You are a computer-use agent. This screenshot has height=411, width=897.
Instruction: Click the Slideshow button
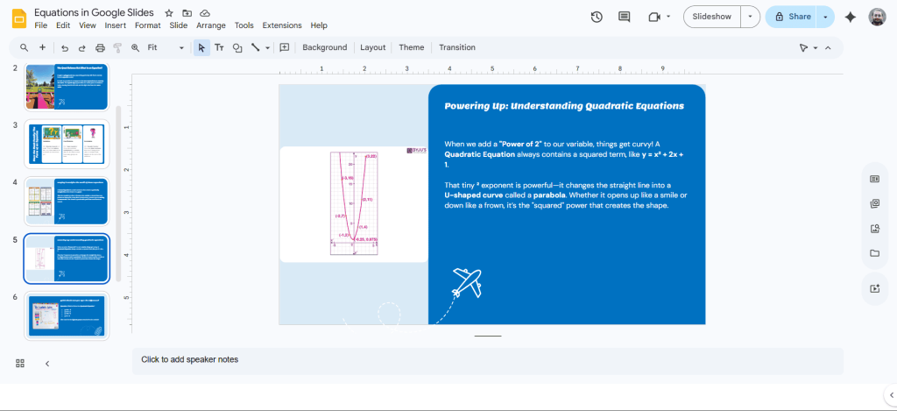coord(711,17)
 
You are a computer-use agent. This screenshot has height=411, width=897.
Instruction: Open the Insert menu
coord(116,25)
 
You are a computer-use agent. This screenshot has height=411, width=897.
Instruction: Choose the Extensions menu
coord(281,25)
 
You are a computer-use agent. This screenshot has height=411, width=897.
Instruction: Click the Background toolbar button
coord(324,47)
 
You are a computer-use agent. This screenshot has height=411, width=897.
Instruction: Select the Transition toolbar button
coord(456,47)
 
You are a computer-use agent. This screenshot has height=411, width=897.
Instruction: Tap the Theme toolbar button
coord(411,47)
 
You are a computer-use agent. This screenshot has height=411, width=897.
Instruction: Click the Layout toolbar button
coord(372,47)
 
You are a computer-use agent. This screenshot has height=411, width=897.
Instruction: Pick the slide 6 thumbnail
coord(66,315)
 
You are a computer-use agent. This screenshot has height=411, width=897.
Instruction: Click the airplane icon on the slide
coord(467,281)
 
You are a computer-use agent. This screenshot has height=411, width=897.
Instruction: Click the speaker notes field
coord(487,359)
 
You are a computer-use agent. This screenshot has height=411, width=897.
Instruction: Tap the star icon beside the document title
coord(169,13)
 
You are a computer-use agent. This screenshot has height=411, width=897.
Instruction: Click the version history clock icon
coord(597,17)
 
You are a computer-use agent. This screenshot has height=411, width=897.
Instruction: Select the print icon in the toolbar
coord(100,47)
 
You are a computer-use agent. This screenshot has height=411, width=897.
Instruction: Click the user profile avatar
coord(877,17)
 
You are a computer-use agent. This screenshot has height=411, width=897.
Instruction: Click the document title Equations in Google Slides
coord(94,13)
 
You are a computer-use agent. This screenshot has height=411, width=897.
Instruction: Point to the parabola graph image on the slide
coord(354,203)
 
